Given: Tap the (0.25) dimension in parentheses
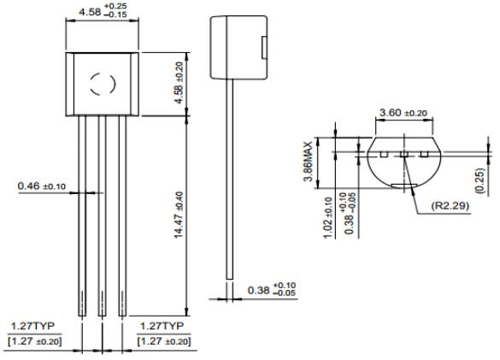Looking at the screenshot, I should pyautogui.click(x=483, y=179).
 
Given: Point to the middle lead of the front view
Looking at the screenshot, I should pyautogui.click(x=102, y=222).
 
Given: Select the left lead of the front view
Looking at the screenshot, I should pyautogui.click(x=83, y=222).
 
